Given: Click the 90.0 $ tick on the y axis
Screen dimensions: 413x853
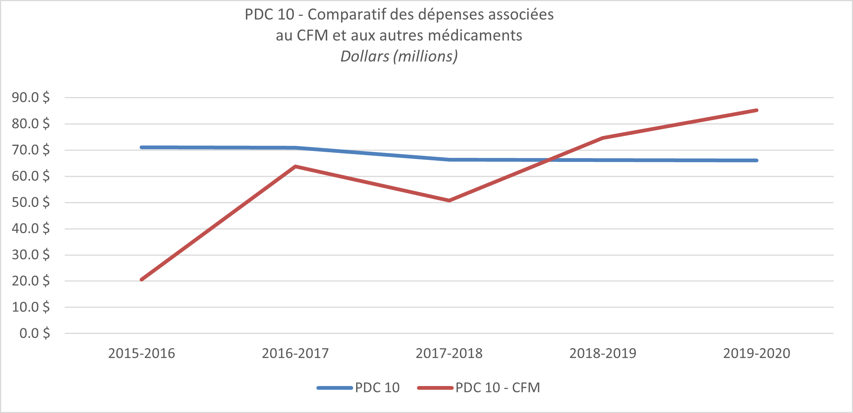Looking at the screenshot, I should (x=31, y=97).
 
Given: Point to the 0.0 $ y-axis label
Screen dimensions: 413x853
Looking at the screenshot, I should (x=35, y=333).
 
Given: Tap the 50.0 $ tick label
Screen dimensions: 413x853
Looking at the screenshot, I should (x=31, y=202).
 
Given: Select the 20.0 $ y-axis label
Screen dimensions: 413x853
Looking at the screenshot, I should (x=31, y=281).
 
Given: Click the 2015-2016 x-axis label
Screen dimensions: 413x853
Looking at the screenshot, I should (x=141, y=353).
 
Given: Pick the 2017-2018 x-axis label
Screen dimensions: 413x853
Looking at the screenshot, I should (x=449, y=353).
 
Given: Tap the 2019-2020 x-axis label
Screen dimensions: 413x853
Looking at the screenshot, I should (x=757, y=353).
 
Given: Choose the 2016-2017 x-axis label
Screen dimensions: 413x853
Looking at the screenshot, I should (x=295, y=353).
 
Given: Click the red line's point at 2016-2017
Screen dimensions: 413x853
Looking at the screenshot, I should (x=296, y=166).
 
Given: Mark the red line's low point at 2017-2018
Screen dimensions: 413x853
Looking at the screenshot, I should (x=449, y=201).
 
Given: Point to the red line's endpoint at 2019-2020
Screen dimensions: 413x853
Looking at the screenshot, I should (x=757, y=110).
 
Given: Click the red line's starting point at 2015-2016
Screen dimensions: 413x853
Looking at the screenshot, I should (x=141, y=280).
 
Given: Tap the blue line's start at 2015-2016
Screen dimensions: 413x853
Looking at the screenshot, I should (x=141, y=147).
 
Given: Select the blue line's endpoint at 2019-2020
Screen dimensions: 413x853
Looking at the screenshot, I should (x=757, y=160).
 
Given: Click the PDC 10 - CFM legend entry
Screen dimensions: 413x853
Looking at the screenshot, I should (x=498, y=388).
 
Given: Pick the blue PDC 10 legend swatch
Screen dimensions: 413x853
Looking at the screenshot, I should (x=334, y=388).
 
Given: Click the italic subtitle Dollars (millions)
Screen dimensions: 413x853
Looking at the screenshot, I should (x=399, y=56).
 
